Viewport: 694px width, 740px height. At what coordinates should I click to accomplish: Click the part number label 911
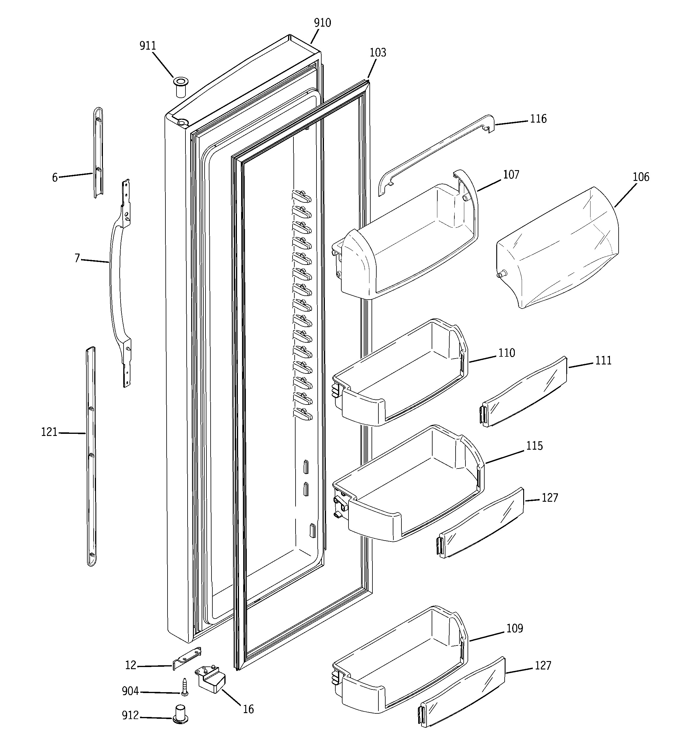coord(147,46)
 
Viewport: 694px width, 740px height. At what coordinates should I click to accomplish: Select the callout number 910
coord(322,23)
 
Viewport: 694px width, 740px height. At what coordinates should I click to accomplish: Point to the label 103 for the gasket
coord(378,53)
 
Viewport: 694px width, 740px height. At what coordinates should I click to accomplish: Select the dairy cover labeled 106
coord(557,248)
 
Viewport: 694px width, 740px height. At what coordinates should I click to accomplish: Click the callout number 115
coord(534,446)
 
